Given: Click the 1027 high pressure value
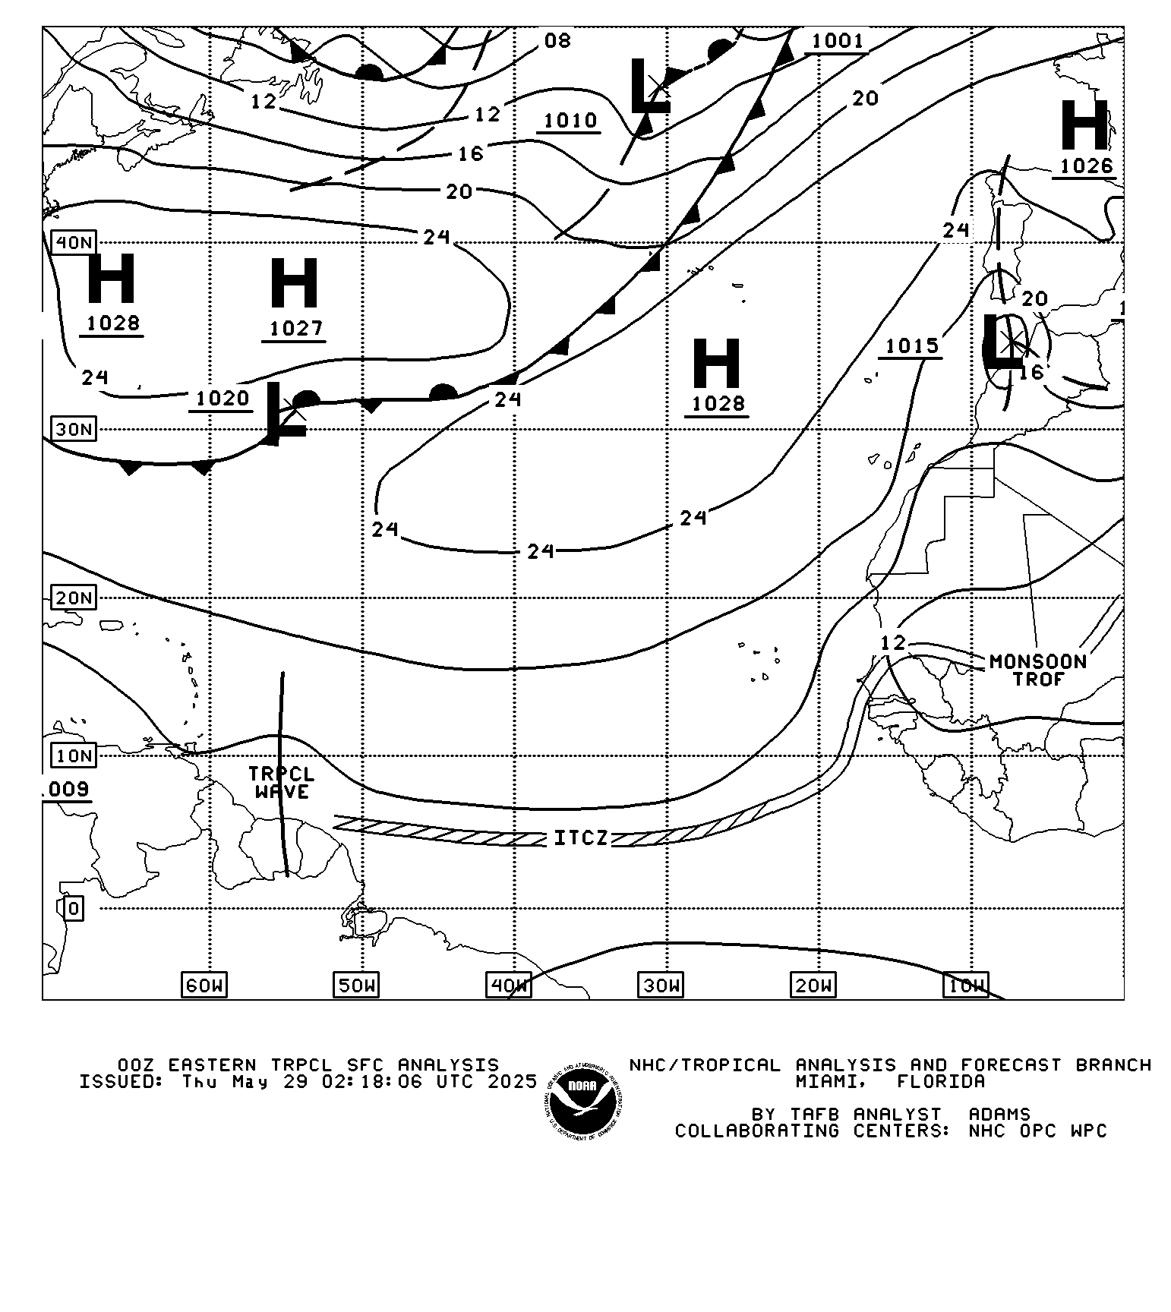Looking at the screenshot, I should [295, 329].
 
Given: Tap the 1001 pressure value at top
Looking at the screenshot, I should [838, 41].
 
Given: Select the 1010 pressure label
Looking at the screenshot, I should [570, 121].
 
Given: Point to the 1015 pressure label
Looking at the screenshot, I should [912, 346].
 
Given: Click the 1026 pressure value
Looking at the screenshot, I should [1086, 166].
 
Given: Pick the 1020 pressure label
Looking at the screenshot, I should [222, 399].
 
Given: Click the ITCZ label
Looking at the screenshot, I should [581, 838].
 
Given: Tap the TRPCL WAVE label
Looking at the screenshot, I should [281, 783].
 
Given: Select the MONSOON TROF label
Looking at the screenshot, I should [1038, 670].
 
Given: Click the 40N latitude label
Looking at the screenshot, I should [74, 243].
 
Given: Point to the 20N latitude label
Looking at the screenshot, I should [74, 598].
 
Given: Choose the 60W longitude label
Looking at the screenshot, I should [204, 986].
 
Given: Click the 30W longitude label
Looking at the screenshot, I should [661, 986].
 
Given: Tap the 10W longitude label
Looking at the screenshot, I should [966, 986].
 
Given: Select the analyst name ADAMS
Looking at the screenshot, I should [999, 1115].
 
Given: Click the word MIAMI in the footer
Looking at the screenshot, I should [829, 1081].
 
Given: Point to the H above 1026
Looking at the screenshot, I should [1084, 125].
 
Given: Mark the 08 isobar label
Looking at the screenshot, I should [557, 41].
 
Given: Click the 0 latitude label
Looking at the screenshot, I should [73, 908].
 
